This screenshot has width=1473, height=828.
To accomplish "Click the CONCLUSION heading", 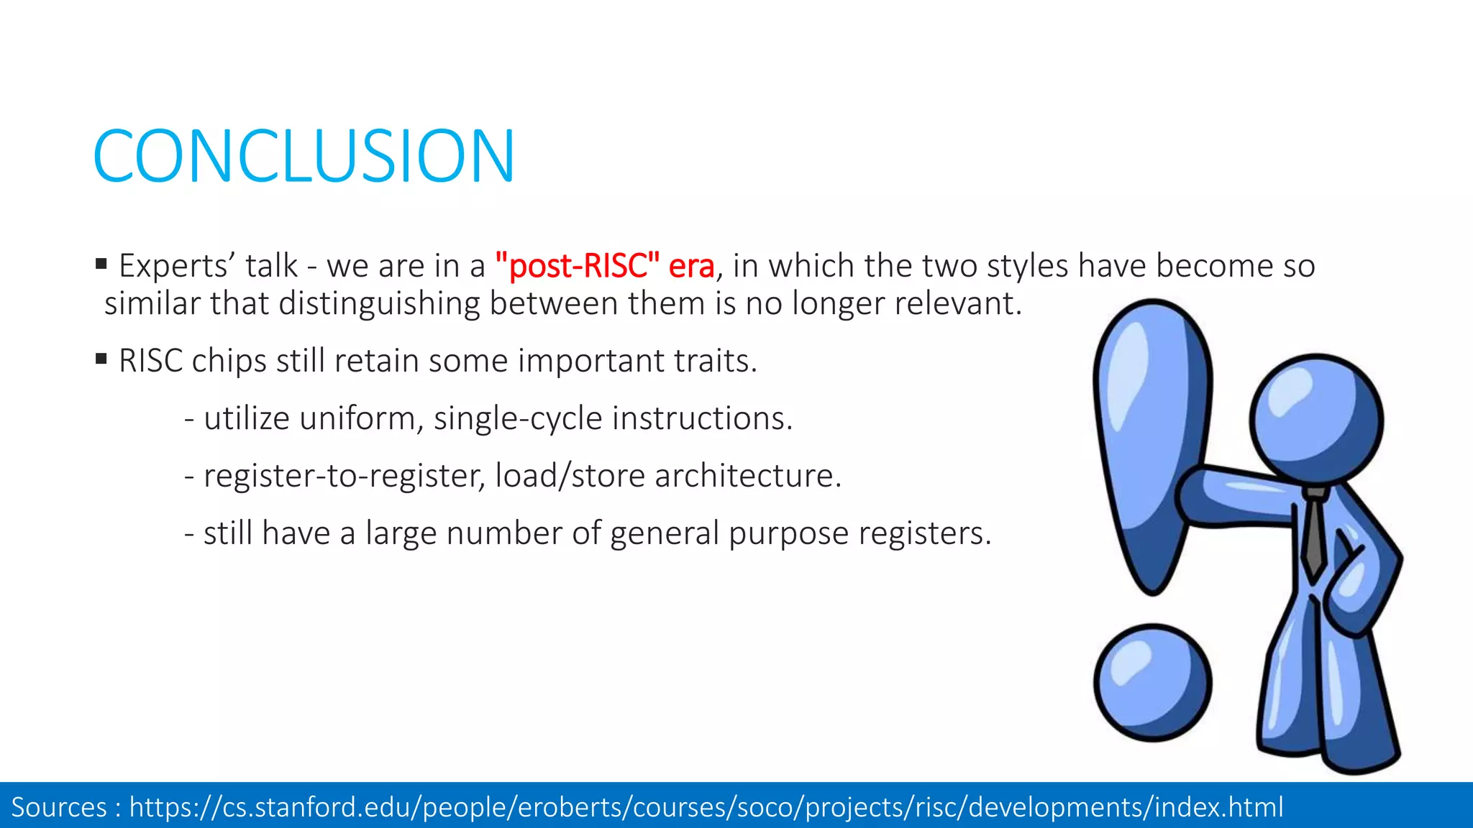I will pos(304,156).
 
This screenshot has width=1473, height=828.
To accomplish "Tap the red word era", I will pos(691,267).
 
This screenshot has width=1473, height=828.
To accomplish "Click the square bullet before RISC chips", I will pos(101,358).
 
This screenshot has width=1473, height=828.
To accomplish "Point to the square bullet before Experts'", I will pos(101,264).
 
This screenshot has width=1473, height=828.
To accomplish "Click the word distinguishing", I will pos(379,304).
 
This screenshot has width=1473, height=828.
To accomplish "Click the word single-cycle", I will pos(518,418).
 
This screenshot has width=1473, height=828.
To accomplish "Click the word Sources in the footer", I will pos(59,807).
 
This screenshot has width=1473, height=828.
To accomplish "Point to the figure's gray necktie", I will pos(1314,535).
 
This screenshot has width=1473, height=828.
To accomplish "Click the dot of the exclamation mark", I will pos(1152,682).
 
